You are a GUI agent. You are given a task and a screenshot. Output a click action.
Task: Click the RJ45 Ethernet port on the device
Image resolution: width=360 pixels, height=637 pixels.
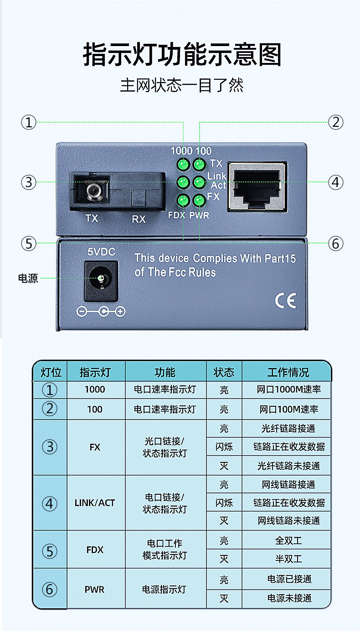(x=257, y=186)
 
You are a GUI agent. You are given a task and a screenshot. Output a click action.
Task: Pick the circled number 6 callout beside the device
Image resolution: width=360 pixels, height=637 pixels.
(x=336, y=243)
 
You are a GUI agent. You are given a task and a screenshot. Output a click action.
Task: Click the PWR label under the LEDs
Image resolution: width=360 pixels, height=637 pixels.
(x=200, y=215)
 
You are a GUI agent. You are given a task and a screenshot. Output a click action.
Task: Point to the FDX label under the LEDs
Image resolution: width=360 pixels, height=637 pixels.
(x=176, y=215)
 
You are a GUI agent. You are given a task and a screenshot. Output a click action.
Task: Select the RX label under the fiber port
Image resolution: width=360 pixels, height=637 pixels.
(x=139, y=219)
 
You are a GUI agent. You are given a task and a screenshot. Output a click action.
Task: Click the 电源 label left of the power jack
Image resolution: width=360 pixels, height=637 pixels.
(x=28, y=278)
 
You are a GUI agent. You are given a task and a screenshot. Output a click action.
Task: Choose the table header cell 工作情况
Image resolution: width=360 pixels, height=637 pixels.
(x=288, y=372)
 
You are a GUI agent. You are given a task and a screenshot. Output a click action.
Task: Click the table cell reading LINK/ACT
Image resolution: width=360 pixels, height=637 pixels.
(x=95, y=503)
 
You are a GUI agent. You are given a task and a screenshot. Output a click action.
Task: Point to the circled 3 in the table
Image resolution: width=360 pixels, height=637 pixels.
(x=50, y=447)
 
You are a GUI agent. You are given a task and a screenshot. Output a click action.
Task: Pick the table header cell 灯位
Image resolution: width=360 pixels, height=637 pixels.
(x=51, y=372)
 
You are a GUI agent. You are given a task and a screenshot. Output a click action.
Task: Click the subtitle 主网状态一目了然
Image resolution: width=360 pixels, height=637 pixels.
(x=181, y=85)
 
